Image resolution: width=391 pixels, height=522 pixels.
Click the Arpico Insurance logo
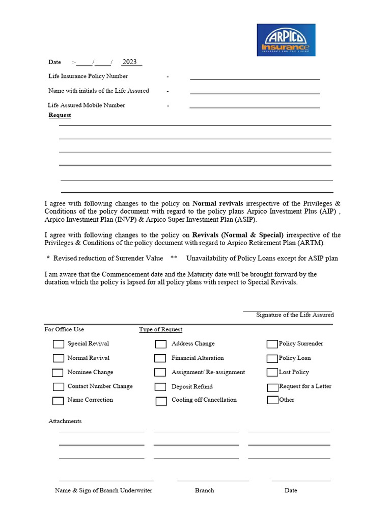click(x=286, y=40)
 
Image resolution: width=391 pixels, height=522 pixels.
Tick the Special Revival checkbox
click(x=59, y=344)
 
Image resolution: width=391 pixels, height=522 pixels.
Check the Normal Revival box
click(x=59, y=358)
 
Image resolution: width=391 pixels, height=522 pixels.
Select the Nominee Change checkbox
click(x=58, y=373)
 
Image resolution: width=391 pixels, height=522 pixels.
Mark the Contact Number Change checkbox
click(x=59, y=387)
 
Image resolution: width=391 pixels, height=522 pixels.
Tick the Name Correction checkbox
click(x=58, y=401)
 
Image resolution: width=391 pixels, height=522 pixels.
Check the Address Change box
click(x=161, y=344)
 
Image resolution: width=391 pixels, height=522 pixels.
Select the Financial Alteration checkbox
click(x=160, y=358)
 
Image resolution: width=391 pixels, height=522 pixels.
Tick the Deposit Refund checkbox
click(x=160, y=387)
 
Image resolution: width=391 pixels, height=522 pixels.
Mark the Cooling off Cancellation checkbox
click(x=161, y=401)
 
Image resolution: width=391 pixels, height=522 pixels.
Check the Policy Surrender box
click(x=272, y=344)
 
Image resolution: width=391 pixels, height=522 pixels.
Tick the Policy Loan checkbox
click(x=272, y=358)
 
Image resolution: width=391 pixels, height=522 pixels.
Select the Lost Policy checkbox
click(x=272, y=373)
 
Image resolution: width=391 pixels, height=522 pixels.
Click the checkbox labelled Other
click(x=272, y=400)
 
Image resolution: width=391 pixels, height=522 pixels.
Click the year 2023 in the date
click(x=130, y=62)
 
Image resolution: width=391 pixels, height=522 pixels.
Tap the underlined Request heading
click(x=60, y=115)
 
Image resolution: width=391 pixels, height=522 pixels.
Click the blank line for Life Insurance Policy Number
click(x=255, y=76)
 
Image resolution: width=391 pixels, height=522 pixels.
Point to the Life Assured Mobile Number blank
click(x=255, y=105)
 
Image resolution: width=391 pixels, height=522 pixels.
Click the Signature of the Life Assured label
click(x=295, y=315)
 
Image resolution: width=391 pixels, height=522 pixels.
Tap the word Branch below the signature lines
click(x=204, y=490)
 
